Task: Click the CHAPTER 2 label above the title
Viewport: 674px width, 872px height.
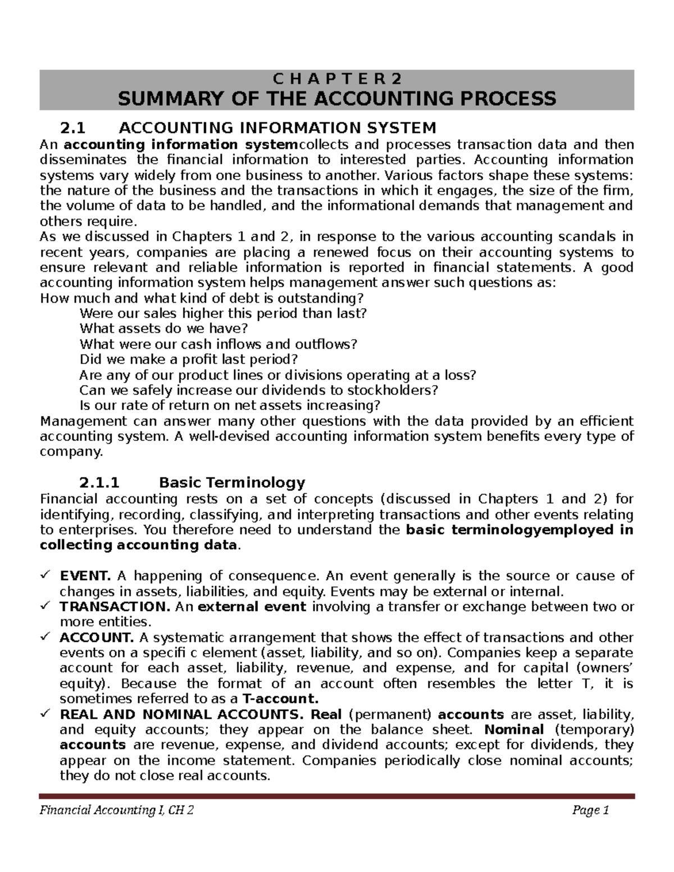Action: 336,78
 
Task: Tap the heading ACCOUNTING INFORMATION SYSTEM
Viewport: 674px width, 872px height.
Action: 277,129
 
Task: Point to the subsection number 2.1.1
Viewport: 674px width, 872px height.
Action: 99,482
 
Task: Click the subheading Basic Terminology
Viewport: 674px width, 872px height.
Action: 232,482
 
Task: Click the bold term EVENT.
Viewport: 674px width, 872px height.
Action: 85,576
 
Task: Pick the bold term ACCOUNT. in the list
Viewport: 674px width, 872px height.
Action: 97,637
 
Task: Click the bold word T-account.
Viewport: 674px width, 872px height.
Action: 280,698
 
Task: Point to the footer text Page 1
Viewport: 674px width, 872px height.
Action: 591,810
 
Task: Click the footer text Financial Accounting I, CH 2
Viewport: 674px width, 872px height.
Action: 117,810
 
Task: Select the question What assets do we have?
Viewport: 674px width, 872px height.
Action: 163,328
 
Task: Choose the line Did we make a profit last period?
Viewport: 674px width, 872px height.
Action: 188,359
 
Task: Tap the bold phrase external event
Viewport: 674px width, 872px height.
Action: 252,606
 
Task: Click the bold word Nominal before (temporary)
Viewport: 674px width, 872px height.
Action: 514,729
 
